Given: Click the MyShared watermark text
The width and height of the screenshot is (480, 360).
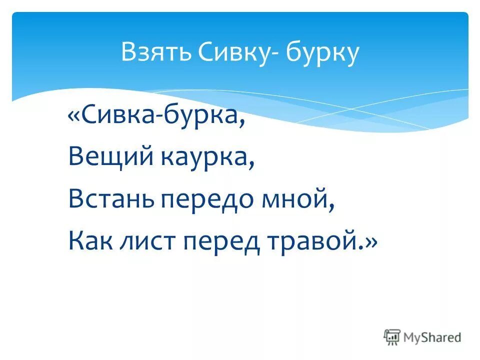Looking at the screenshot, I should click(x=432, y=337).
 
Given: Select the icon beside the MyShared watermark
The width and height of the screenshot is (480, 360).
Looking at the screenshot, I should click(x=392, y=337).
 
